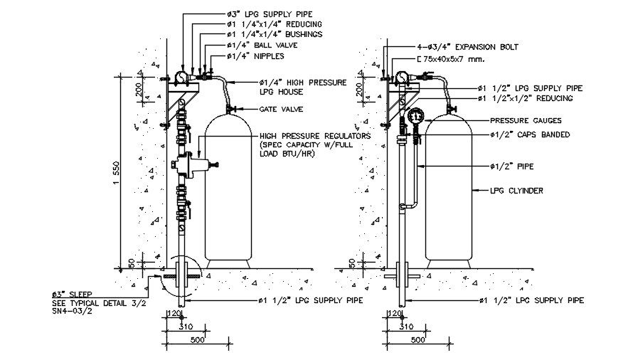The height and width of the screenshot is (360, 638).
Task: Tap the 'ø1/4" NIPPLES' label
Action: coord(256,55)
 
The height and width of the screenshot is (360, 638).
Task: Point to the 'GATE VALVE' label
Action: coord(282,110)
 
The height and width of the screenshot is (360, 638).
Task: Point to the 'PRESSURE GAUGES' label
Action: coord(525,121)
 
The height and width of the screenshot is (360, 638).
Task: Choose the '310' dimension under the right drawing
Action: coord(406,327)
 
